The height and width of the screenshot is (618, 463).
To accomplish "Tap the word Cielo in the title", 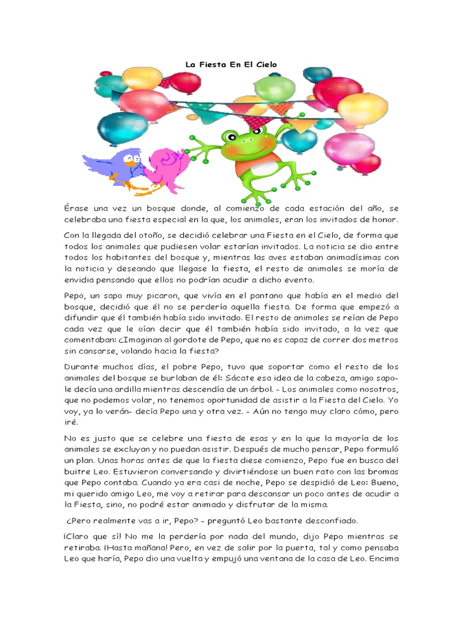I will (265, 63).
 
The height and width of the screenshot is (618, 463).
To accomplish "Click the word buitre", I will (77, 471).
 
